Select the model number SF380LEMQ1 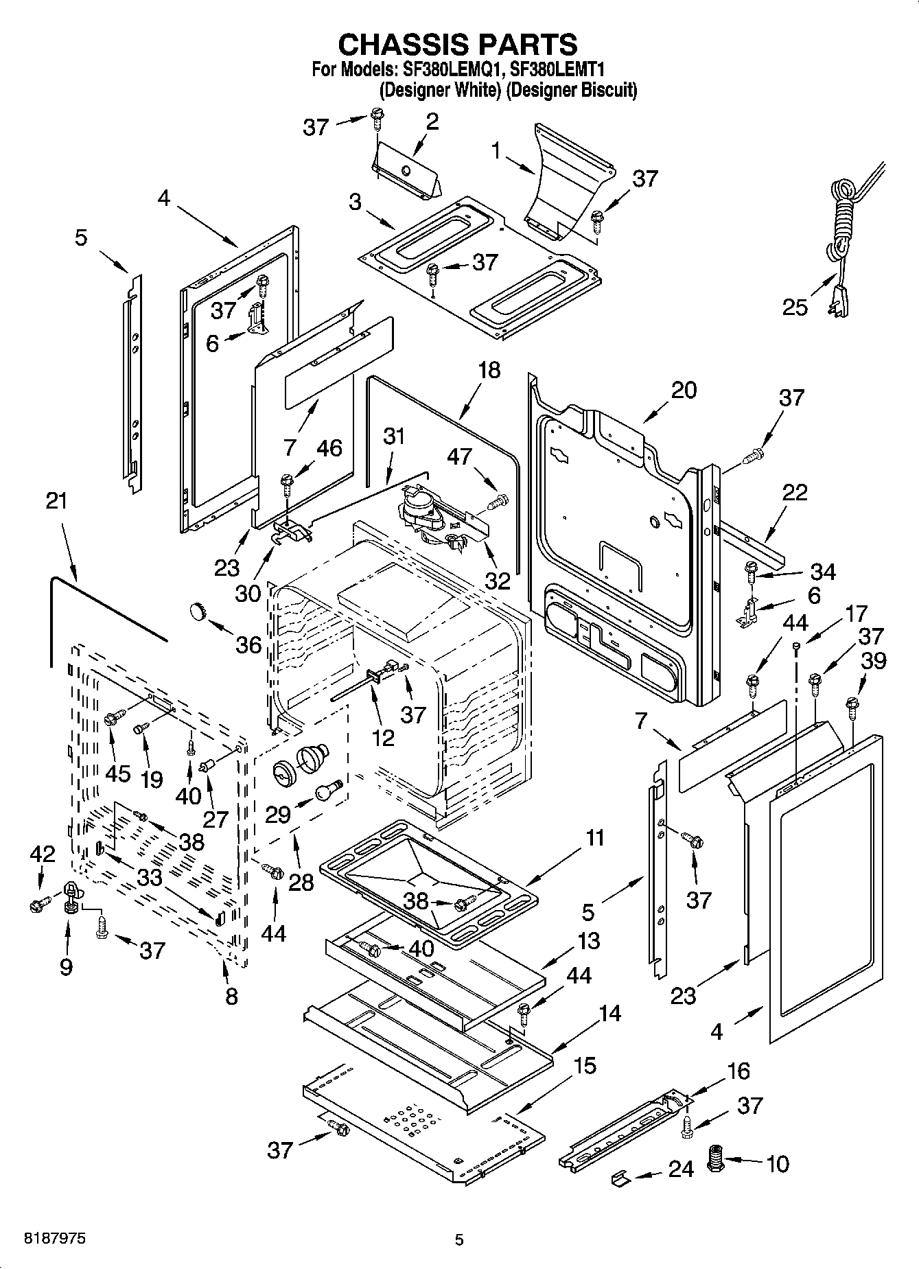coord(452,69)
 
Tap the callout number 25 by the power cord coord(795,307)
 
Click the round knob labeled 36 coord(198,609)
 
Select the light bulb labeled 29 coord(327,790)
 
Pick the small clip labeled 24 coord(621,1178)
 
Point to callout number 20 coord(684,390)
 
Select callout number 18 coord(489,370)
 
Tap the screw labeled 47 coord(499,502)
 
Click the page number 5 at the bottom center coord(459,1239)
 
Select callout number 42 coord(43,854)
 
